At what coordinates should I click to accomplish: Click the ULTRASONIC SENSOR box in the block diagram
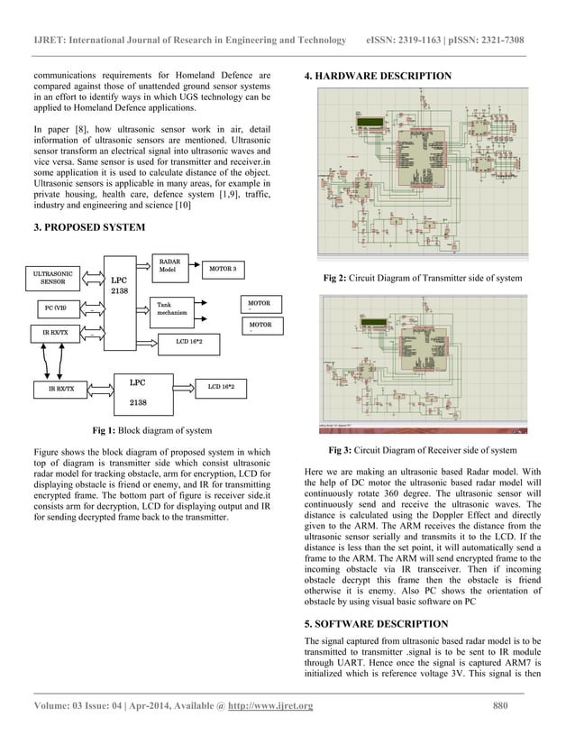(x=53, y=277)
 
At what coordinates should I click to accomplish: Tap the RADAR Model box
(x=169, y=265)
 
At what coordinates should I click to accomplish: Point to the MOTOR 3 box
(x=223, y=269)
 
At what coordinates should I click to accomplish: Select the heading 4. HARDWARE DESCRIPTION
(x=379, y=76)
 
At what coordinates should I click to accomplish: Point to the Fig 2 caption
(x=422, y=280)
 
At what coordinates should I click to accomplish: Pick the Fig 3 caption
(x=422, y=449)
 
